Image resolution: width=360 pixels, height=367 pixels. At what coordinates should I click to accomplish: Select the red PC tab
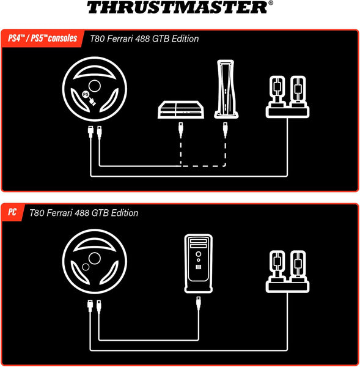pos(12,213)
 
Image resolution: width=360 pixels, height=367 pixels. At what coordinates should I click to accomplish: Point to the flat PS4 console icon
pos(182,111)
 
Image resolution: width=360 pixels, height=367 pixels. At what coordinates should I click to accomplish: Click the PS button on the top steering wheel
pos(86,94)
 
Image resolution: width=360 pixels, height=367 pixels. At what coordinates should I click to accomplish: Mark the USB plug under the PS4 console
pos(182,130)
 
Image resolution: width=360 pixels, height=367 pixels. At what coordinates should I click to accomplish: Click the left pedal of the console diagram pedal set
pos(278,90)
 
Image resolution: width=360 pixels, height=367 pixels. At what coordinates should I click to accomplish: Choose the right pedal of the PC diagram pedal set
pos(299,264)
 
